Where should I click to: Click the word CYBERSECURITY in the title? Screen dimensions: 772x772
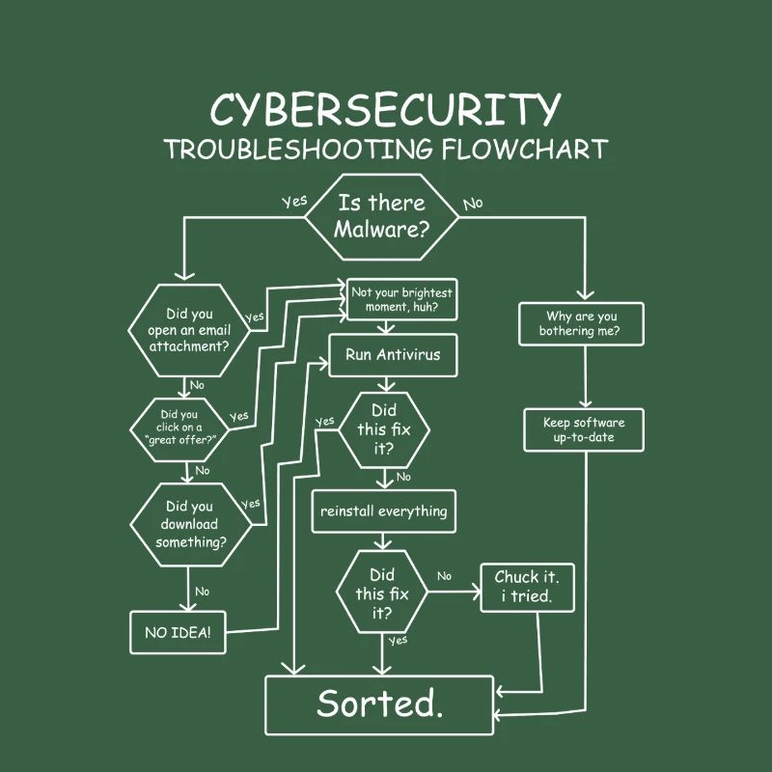(385, 111)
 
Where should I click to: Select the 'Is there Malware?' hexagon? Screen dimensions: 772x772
(382, 217)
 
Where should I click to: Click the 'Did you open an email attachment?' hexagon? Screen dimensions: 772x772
(190, 330)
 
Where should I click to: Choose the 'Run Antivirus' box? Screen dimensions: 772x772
(393, 355)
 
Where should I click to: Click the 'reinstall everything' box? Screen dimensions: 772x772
(383, 511)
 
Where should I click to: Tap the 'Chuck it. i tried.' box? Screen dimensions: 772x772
(527, 587)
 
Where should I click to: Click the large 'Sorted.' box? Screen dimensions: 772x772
(380, 704)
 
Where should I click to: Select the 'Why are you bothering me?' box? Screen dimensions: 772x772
(582, 323)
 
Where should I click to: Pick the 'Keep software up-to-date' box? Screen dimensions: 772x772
(584, 430)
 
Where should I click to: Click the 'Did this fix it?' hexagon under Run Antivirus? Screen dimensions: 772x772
(384, 429)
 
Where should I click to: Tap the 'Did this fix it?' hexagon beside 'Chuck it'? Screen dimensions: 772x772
(382, 593)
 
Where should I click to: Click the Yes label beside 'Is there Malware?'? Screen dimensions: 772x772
(294, 202)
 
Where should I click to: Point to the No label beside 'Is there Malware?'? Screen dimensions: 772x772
(473, 204)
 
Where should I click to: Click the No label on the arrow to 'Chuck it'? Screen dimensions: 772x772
(444, 576)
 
